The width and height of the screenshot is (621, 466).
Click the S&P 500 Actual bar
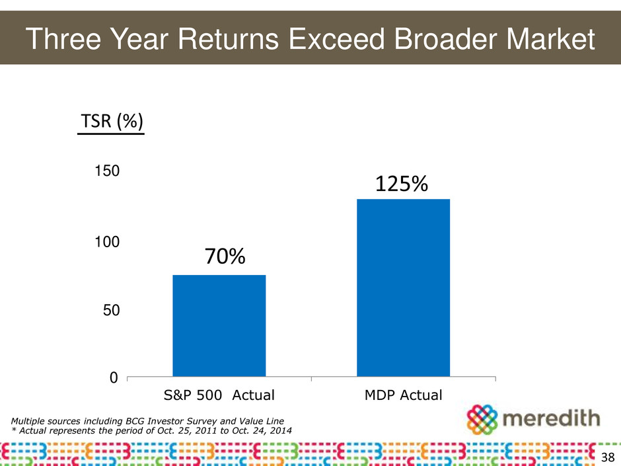[219, 325]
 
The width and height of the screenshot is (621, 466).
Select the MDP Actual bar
[403, 288]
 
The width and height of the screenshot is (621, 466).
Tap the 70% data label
[224, 256]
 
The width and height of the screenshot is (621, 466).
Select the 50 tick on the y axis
[112, 310]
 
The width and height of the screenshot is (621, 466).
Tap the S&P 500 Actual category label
[219, 396]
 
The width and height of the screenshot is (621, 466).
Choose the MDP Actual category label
[403, 396]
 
